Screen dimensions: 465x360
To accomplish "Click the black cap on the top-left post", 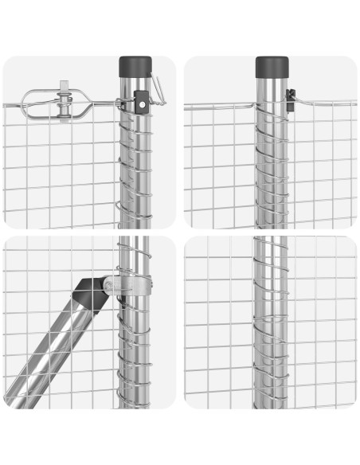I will [135, 66].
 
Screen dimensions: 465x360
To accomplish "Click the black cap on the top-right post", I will [271, 66].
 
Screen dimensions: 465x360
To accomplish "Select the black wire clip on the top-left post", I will [142, 102].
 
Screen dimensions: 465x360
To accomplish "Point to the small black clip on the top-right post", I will [291, 100].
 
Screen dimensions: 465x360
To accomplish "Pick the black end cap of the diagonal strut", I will [92, 293].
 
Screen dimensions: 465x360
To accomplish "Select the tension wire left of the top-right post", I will [219, 104].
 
